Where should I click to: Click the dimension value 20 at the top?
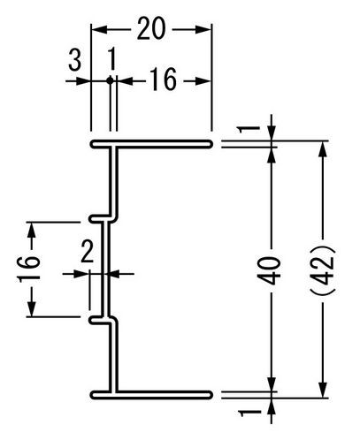[x=151, y=28]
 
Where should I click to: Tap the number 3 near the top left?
[x=75, y=60]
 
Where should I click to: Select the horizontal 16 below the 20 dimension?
[x=164, y=79]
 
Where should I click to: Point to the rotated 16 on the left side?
[x=29, y=269]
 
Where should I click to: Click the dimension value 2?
[x=88, y=251]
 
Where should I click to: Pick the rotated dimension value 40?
[x=269, y=270]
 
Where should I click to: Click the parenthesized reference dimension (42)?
[x=323, y=269]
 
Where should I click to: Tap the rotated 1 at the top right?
[x=249, y=129]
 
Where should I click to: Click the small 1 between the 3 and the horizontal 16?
[x=111, y=60]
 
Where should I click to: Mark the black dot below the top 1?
[x=111, y=80]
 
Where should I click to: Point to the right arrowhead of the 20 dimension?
[x=203, y=29]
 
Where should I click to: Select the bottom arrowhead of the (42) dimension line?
[x=323, y=390]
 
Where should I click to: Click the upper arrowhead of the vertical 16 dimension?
[x=31, y=231]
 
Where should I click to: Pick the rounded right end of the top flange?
[x=210, y=144]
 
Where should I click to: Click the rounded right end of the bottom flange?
[x=210, y=395]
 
